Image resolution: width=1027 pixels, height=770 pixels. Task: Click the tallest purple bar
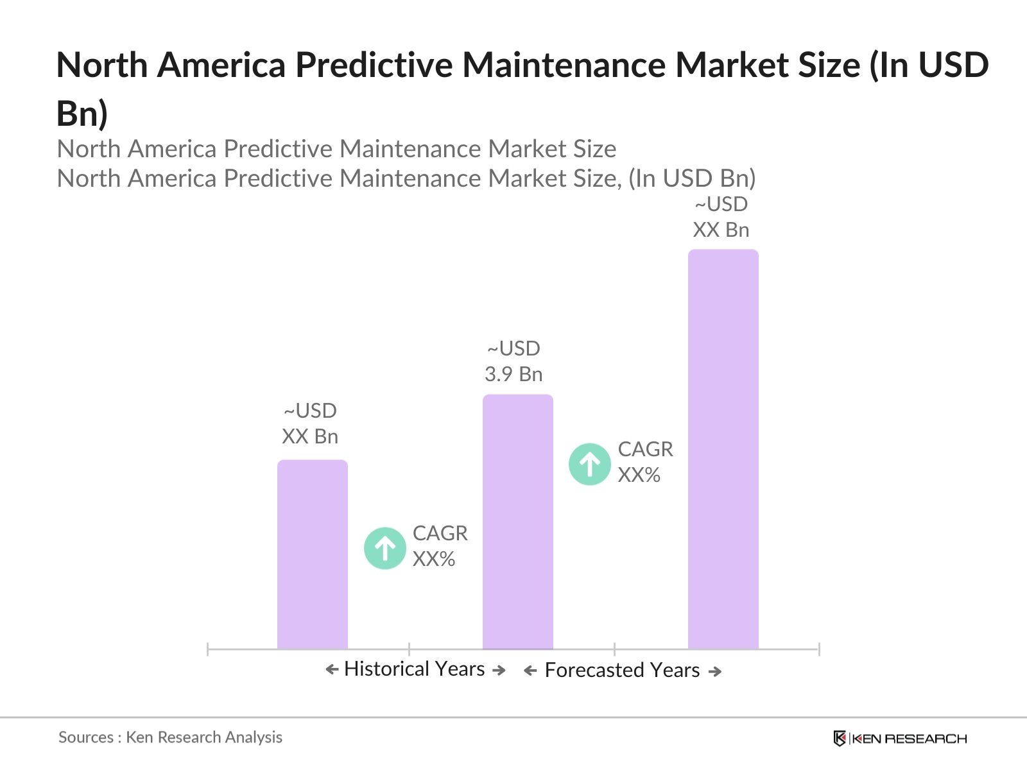pyautogui.click(x=723, y=449)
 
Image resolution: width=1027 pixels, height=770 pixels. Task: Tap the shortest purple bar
pyautogui.click(x=312, y=554)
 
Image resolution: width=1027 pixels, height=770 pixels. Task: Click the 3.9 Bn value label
pyautogui.click(x=513, y=362)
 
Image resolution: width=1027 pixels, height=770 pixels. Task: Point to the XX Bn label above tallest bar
pyautogui.click(x=721, y=217)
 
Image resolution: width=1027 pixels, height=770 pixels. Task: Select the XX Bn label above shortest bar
pyautogui.click(x=310, y=424)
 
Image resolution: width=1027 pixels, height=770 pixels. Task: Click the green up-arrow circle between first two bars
pyautogui.click(x=384, y=548)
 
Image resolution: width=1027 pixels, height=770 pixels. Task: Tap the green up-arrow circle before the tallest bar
pyautogui.click(x=589, y=464)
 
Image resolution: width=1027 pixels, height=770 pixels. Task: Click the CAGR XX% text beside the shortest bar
pyautogui.click(x=440, y=546)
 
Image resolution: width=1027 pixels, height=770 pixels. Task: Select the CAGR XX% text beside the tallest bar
pyautogui.click(x=645, y=462)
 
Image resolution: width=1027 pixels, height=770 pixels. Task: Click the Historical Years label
pyautogui.click(x=414, y=669)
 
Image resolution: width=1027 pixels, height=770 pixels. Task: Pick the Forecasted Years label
pyautogui.click(x=622, y=671)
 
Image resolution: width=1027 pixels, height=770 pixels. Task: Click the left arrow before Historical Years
pyautogui.click(x=332, y=670)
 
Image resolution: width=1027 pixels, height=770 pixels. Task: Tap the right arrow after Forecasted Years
pyautogui.click(x=714, y=671)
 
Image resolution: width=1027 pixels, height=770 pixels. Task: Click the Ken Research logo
pyautogui.click(x=899, y=739)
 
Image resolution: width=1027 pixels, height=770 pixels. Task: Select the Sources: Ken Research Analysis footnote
pyautogui.click(x=170, y=737)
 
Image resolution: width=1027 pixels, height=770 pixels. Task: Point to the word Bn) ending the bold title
pyautogui.click(x=82, y=114)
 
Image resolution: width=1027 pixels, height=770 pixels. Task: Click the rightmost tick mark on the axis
pyautogui.click(x=818, y=649)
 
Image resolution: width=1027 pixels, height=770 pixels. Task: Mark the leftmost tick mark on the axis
pyautogui.click(x=208, y=649)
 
